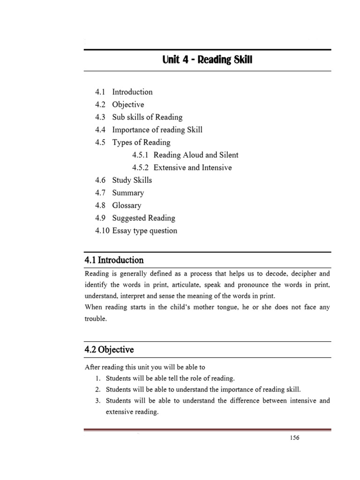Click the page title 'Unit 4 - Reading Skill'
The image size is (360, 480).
tap(207, 60)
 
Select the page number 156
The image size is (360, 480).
tap(293, 438)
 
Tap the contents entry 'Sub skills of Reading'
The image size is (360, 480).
tap(147, 117)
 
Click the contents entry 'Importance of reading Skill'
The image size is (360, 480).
tap(157, 130)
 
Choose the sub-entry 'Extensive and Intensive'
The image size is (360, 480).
tap(193, 168)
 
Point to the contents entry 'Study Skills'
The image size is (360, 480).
tap(132, 180)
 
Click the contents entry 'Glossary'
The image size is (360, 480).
tap(127, 205)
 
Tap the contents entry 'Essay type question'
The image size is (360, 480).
tap(144, 231)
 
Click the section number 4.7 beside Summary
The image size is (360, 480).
tap(100, 193)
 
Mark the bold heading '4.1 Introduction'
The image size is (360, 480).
tap(114, 260)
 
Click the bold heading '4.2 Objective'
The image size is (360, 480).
tap(109, 350)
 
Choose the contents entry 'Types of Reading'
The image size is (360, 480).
tap(141, 142)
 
